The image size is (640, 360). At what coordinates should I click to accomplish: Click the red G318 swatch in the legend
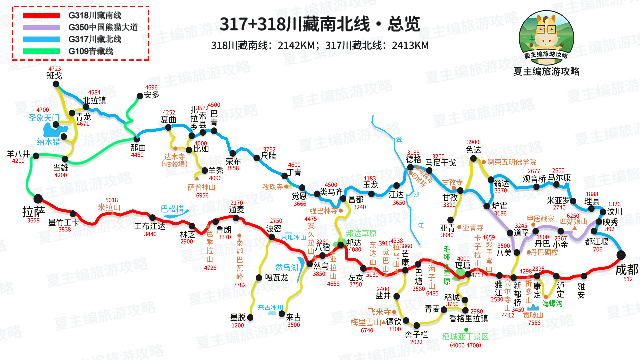(x=41, y=15)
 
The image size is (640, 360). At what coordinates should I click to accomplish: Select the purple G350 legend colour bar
(x=41, y=27)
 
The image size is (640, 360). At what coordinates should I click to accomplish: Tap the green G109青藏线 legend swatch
(x=41, y=51)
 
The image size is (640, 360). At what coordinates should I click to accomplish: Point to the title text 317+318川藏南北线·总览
(x=319, y=24)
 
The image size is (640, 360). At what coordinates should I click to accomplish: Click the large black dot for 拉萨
(x=38, y=199)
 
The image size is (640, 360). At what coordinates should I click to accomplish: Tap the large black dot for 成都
(x=621, y=255)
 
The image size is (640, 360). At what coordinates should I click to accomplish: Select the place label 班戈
(x=54, y=76)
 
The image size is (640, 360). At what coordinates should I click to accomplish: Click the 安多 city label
(x=152, y=95)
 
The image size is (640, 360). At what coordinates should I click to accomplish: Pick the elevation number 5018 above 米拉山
(x=112, y=200)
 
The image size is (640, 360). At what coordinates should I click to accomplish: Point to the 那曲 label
(x=138, y=148)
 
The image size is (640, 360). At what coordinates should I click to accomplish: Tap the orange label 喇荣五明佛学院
(x=512, y=162)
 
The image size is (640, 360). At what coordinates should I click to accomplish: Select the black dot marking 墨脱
(x=250, y=318)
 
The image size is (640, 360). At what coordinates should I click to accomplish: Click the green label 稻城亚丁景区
(x=465, y=337)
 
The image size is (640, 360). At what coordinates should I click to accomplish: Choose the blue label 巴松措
(x=172, y=209)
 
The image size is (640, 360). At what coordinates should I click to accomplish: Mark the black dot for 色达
(x=473, y=159)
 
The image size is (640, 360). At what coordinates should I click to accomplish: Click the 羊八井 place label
(x=18, y=154)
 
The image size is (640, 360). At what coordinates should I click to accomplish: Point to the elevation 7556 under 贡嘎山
(x=534, y=323)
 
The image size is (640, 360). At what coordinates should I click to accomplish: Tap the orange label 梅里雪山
(x=365, y=322)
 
